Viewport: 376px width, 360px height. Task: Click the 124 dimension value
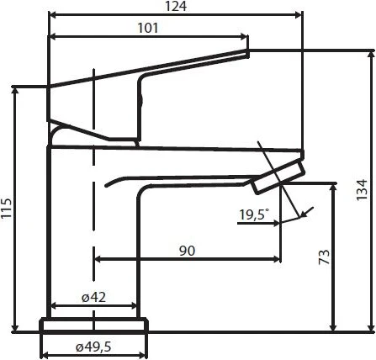pos(176,6)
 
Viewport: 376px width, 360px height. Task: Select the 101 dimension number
pos(148,28)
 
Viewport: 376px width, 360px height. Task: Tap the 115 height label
pos(6,208)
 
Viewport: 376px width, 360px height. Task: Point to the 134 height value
pos(362,189)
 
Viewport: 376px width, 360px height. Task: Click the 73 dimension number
pos(324,257)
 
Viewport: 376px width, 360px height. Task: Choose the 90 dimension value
pos(187,251)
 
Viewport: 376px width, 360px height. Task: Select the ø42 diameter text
pos(94,297)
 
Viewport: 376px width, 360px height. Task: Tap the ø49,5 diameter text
pos(93,347)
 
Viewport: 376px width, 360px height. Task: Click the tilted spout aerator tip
pos(279,177)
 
